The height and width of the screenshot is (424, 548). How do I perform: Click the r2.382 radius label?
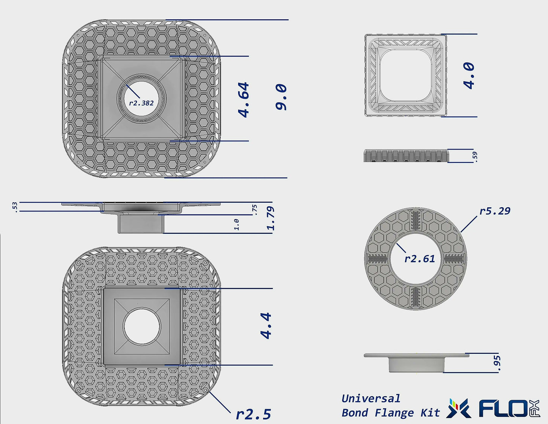[141, 103]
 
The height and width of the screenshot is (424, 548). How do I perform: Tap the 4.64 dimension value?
[243, 99]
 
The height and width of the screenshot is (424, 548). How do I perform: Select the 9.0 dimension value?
[281, 97]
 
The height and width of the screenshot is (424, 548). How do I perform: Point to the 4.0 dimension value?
[469, 76]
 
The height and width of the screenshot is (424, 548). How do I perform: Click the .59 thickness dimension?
[475, 156]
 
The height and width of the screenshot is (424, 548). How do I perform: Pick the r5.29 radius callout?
[495, 211]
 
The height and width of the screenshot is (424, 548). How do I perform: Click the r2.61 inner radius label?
[419, 259]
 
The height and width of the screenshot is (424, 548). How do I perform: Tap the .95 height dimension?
[498, 363]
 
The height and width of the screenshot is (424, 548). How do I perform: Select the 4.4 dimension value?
[266, 325]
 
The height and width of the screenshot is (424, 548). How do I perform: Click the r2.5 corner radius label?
[253, 414]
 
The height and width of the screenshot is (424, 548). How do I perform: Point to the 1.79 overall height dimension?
[270, 218]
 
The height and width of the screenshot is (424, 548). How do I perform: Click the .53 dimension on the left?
[14, 207]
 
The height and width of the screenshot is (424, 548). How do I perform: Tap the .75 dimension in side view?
[254, 210]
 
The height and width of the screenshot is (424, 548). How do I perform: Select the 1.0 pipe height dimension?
[236, 224]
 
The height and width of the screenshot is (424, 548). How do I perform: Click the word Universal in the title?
[371, 399]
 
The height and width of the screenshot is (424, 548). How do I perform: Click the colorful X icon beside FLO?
[458, 409]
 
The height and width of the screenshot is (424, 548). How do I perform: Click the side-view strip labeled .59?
[406, 156]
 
